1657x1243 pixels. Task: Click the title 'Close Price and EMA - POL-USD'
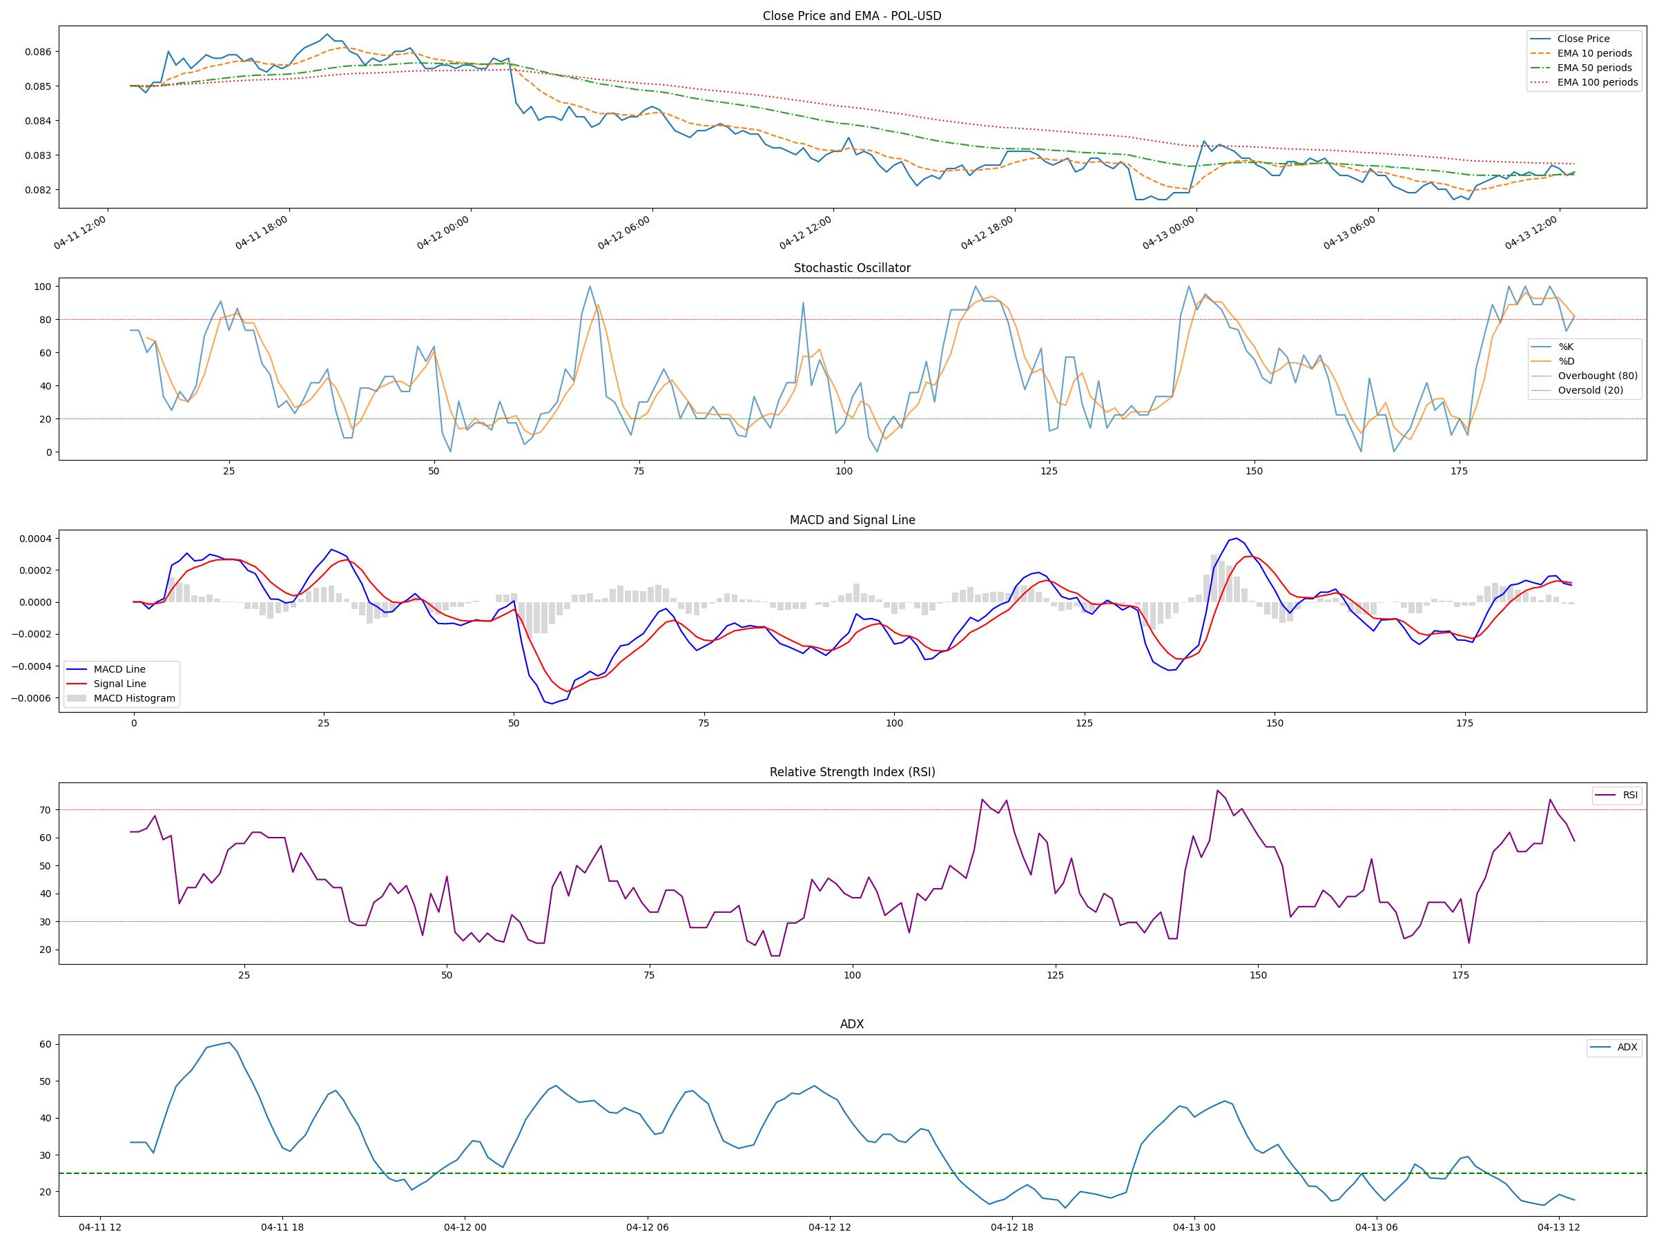[x=852, y=16]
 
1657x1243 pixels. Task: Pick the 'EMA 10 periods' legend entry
[x=1594, y=53]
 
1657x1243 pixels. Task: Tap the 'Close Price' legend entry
[x=1583, y=39]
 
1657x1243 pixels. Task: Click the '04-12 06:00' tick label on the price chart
[x=624, y=232]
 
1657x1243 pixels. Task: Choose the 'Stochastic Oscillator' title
[x=852, y=268]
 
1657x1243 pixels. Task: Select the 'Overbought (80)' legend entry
[x=1597, y=376]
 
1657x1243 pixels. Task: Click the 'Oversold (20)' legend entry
[x=1590, y=390]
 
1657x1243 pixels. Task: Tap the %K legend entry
[x=1566, y=347]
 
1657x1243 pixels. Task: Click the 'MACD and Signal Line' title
[x=852, y=520]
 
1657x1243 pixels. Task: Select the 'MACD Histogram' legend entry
[x=134, y=698]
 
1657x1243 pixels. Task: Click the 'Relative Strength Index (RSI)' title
[x=852, y=772]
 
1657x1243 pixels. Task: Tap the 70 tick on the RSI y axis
[x=45, y=810]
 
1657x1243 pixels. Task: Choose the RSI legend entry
[x=1630, y=795]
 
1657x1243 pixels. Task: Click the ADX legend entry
[x=1627, y=1048]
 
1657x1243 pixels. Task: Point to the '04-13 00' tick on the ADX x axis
[x=1194, y=1227]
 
